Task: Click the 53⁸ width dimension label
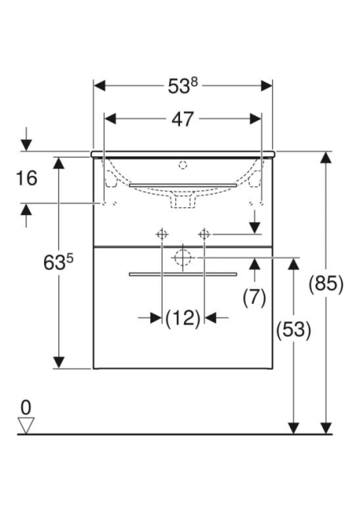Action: (x=182, y=86)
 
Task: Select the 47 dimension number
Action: (x=182, y=119)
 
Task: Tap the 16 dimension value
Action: (x=26, y=178)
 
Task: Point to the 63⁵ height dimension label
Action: (x=58, y=262)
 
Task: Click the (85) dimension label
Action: (x=326, y=283)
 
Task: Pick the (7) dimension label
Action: (x=254, y=298)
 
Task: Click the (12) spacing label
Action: (x=183, y=318)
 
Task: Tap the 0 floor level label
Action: (x=26, y=407)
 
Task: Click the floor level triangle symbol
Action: (x=26, y=426)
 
